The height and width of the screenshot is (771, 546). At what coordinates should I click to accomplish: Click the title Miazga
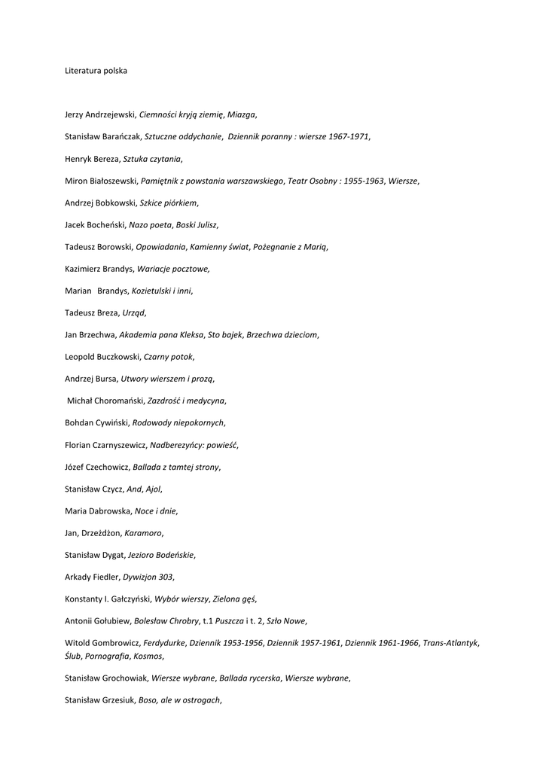pos(242,114)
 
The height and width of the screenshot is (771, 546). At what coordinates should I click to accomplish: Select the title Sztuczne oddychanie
pos(183,136)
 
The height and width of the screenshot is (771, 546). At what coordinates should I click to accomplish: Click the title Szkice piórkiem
pos(169,203)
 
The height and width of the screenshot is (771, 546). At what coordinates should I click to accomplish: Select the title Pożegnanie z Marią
pos(290,246)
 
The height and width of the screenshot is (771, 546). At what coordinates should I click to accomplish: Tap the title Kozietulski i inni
pos(161,291)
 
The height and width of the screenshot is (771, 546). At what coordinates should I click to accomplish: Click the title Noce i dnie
pos(155,510)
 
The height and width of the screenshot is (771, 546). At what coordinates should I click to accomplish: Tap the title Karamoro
pos(143,532)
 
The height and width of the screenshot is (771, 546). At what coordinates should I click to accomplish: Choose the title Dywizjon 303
pos(148,577)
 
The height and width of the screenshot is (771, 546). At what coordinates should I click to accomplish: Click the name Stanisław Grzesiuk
pos(99,700)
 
